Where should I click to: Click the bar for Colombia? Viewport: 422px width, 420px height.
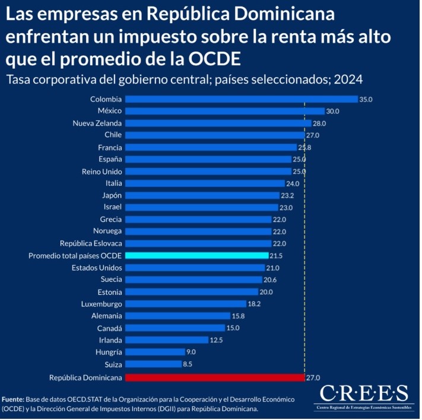point(242,99)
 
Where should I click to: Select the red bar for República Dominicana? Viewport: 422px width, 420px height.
point(215,377)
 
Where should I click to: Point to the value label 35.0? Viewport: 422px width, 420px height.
point(366,100)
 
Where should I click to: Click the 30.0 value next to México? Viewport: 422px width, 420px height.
point(333,112)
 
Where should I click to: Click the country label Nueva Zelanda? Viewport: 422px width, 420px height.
point(97,123)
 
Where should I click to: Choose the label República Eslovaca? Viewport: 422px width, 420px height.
point(91,243)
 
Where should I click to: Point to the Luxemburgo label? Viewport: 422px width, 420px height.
point(101,304)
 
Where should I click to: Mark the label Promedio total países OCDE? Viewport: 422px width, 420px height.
point(75,256)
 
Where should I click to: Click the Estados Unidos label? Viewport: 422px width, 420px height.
point(97,268)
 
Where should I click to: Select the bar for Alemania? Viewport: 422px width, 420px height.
point(178,316)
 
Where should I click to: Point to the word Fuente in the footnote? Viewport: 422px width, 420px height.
point(13,399)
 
